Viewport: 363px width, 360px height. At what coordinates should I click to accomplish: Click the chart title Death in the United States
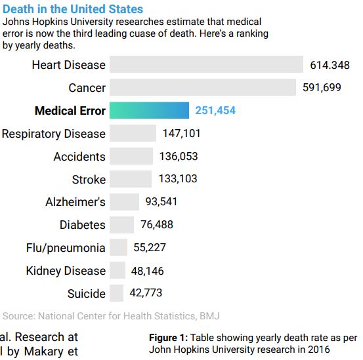(x=73, y=9)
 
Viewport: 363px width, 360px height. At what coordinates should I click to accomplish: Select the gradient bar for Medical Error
(x=149, y=110)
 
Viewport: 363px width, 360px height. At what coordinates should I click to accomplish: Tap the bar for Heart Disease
(x=206, y=64)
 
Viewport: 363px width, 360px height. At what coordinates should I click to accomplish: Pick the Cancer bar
(x=203, y=87)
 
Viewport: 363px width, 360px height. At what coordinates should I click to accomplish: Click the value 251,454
(x=215, y=110)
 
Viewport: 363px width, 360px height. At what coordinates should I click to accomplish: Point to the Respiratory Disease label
(x=53, y=134)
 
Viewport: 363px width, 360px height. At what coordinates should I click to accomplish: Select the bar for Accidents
(x=131, y=156)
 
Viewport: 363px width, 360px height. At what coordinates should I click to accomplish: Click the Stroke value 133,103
(x=178, y=179)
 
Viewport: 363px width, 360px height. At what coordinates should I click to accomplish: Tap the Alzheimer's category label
(x=75, y=202)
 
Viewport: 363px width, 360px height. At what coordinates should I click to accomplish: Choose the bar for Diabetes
(x=122, y=225)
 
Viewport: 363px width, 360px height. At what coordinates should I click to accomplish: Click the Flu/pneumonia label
(x=66, y=248)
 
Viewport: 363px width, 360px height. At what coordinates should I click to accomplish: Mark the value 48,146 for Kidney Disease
(x=147, y=271)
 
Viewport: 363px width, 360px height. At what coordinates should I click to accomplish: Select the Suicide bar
(x=116, y=293)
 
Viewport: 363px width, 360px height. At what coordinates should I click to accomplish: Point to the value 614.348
(x=330, y=65)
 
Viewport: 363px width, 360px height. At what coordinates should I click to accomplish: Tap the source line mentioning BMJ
(x=111, y=316)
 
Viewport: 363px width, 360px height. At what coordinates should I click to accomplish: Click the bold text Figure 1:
(x=168, y=338)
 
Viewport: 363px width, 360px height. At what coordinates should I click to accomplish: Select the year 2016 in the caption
(x=318, y=350)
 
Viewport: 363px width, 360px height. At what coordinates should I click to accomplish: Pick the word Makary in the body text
(x=43, y=351)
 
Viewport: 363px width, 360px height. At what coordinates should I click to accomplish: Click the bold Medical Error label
(x=70, y=111)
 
